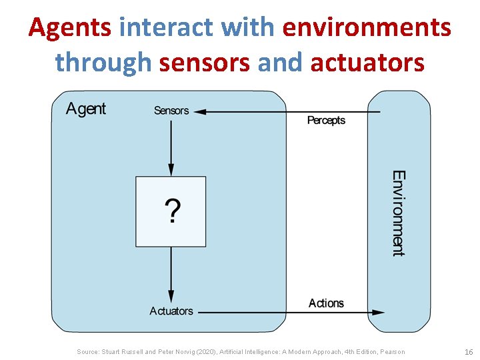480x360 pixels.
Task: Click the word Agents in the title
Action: (x=71, y=28)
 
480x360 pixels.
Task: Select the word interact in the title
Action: (x=167, y=28)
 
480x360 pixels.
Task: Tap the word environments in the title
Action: (x=367, y=28)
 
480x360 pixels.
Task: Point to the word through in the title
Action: (x=104, y=63)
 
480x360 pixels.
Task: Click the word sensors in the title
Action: (x=205, y=63)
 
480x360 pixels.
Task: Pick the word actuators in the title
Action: (x=367, y=63)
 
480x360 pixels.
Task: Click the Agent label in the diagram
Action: (x=86, y=109)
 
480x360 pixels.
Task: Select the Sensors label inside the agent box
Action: (x=171, y=111)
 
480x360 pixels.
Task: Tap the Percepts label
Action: (x=326, y=121)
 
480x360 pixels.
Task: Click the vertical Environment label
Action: (x=398, y=213)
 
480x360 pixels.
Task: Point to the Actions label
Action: (x=326, y=303)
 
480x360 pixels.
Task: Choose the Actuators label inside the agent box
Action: (x=171, y=311)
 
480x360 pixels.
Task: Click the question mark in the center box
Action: (x=171, y=211)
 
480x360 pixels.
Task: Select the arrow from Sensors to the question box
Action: (x=171, y=147)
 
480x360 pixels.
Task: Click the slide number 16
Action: (x=468, y=352)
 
